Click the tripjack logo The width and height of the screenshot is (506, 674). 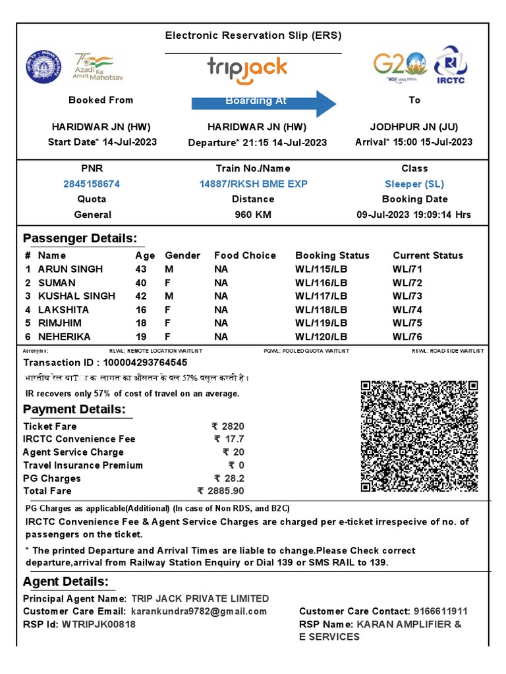coord(247,68)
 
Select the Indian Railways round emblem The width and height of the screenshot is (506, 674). coord(43,66)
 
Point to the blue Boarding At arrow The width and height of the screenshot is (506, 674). coord(264,102)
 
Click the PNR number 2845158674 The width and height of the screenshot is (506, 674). coord(91,184)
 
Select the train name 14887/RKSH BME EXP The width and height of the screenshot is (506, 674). coord(253,184)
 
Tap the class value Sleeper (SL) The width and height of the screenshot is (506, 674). coord(414,184)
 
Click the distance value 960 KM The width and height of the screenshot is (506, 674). coord(253,215)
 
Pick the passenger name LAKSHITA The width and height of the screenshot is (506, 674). coord(63,309)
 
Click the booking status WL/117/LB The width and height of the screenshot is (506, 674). coord(321,296)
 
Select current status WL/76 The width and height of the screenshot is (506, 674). coord(408,336)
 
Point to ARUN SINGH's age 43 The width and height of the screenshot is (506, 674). coord(141,269)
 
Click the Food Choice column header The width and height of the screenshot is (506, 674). coord(244,255)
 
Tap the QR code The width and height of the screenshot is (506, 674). coord(419,436)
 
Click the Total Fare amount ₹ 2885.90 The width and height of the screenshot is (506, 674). coord(221,491)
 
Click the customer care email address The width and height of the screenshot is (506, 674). coord(199,611)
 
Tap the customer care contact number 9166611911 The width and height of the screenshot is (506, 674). coord(441,611)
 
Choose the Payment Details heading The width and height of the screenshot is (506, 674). coord(74,409)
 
